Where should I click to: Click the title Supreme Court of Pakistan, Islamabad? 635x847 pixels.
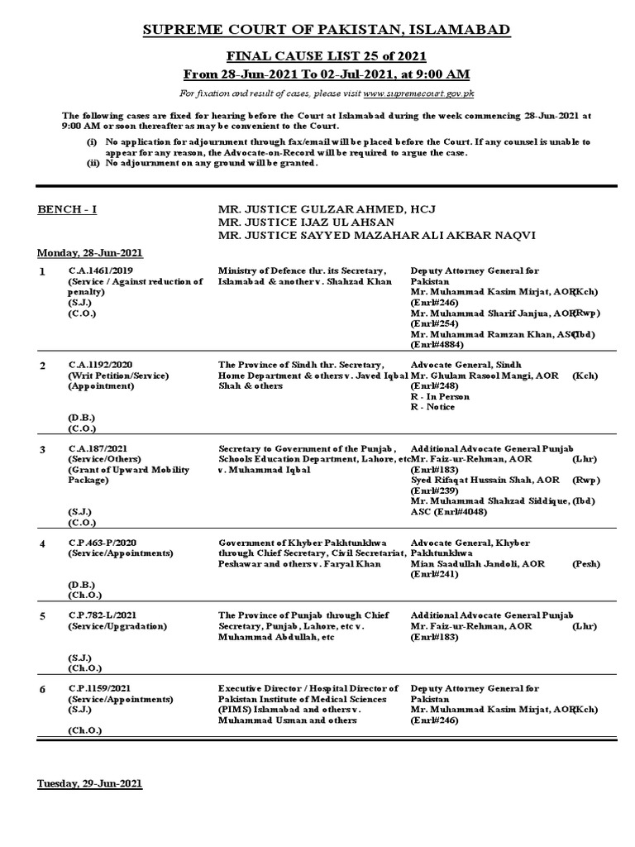tap(327, 31)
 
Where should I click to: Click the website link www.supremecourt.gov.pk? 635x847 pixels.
tap(418, 93)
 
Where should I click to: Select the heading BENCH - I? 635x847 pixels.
tap(67, 209)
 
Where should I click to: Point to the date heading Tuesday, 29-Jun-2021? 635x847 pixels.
tap(89, 783)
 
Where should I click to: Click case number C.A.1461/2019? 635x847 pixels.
tap(98, 270)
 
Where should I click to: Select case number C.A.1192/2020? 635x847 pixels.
tap(98, 365)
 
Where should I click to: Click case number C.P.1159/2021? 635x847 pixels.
tap(98, 688)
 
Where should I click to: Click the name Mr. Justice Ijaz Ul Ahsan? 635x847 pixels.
tap(305, 223)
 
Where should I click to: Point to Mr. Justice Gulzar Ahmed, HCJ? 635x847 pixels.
tap(321, 209)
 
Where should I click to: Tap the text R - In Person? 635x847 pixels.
tap(440, 397)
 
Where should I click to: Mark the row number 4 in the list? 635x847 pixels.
tap(42, 543)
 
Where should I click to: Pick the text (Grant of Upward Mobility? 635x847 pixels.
tap(128, 470)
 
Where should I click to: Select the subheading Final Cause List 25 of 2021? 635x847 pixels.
tap(327, 55)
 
